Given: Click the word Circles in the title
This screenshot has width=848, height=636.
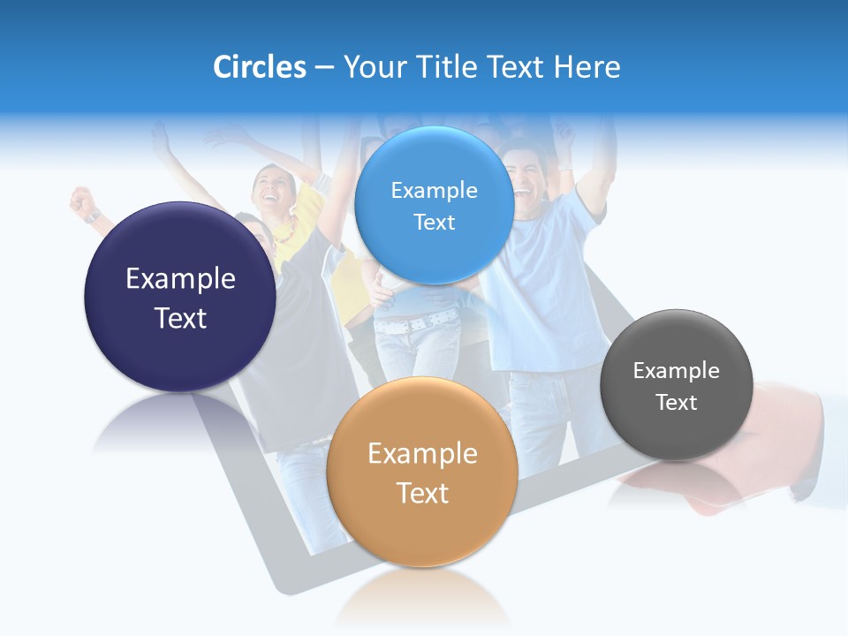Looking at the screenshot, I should pos(259,67).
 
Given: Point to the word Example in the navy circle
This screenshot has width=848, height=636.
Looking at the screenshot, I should pos(180,279).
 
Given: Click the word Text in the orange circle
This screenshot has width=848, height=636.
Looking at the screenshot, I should pos(422,493).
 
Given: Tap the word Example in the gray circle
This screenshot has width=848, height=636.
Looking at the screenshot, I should pos(676,371).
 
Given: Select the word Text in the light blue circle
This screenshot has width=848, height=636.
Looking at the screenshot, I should pos(434,223).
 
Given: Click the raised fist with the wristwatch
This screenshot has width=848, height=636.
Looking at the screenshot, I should pos(85,203).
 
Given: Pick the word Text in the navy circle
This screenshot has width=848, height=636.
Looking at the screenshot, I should pos(180,318).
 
